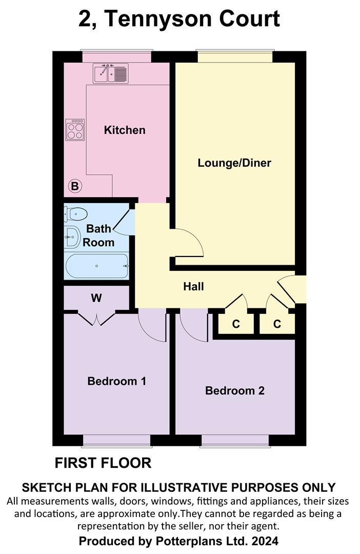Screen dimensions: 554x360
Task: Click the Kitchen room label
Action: point(125,130)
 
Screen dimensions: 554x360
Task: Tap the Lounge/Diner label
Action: point(234,163)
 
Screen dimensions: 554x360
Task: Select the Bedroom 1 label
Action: point(117,381)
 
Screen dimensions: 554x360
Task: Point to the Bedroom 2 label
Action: point(235,390)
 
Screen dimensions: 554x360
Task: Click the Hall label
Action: point(193,286)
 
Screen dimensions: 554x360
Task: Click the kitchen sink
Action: point(110,73)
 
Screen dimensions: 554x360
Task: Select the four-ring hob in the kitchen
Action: point(75,129)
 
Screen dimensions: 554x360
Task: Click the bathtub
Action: point(97,266)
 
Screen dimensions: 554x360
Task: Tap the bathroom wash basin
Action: point(71,236)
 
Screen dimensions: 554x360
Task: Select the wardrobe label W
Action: point(96,298)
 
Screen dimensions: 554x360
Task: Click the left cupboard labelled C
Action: point(236,324)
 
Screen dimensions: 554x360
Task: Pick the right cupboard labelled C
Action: point(277,324)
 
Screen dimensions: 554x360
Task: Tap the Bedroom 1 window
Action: point(117,440)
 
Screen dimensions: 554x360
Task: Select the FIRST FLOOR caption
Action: point(103,463)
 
